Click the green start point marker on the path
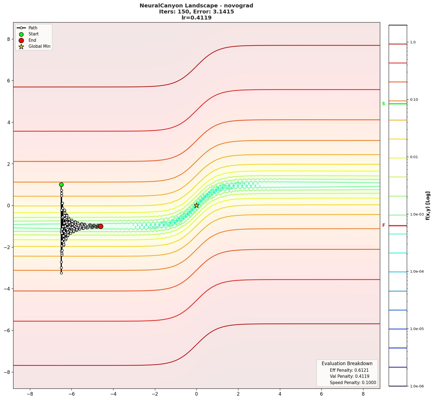(x=61, y=184)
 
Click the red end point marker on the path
(x=101, y=226)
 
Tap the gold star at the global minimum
(x=196, y=205)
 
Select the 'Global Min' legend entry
(x=39, y=46)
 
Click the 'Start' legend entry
(x=34, y=34)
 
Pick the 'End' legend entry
(x=32, y=40)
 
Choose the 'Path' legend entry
(x=33, y=28)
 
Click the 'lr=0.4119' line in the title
(x=196, y=18)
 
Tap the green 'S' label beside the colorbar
(x=383, y=104)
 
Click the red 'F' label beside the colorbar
(x=383, y=225)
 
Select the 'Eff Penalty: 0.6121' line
(x=349, y=370)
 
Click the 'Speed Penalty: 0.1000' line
(x=353, y=383)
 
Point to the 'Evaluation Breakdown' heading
(x=347, y=363)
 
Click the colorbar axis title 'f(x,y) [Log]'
(x=428, y=206)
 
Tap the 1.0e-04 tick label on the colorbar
(x=417, y=272)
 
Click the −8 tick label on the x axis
(x=30, y=394)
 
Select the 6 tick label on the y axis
(x=9, y=81)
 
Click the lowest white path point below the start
(x=61, y=273)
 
